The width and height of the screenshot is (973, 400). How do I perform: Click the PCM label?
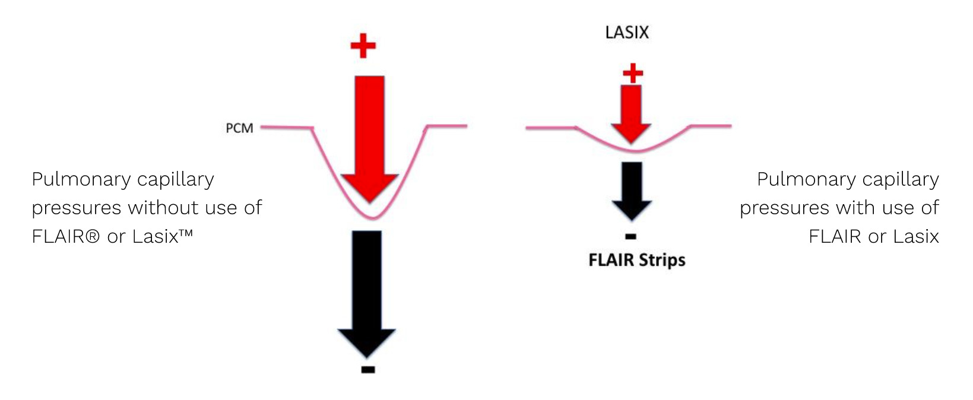239,128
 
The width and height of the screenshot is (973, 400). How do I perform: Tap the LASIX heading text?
627,33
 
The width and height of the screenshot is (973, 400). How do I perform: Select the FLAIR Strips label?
636,260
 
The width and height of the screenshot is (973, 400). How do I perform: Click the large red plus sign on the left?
363,46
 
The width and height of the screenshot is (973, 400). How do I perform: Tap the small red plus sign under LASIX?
633,73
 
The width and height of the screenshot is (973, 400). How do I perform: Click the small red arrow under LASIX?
631,113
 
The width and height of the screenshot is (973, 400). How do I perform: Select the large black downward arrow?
367,291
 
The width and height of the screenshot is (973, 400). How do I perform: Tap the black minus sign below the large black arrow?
367,370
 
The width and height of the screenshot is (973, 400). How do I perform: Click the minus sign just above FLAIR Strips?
631,236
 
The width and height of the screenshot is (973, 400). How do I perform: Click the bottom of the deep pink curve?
372,217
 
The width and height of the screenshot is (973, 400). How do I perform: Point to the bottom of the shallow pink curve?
633,151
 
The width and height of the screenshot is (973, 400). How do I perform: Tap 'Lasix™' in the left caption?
163,236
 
